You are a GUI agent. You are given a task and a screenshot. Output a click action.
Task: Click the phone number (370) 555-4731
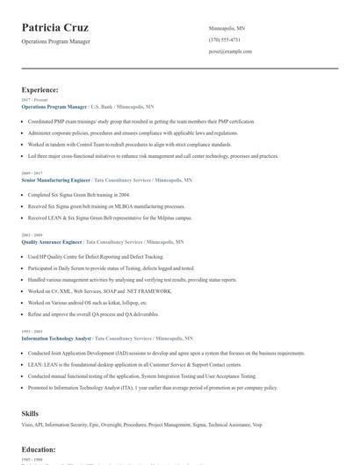pos(224,39)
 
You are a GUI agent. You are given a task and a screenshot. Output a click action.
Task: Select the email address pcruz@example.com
pos(230,52)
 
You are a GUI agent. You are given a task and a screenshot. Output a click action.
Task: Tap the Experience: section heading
pos(40,89)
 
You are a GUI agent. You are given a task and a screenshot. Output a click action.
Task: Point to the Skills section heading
pos(30,411)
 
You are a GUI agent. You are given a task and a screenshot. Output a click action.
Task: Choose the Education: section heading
pos(39,449)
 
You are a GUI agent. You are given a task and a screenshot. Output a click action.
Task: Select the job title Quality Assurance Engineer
pos(52,241)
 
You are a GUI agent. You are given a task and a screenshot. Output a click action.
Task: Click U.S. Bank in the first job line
pos(103,105)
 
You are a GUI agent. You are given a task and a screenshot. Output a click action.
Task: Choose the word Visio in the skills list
pos(27,426)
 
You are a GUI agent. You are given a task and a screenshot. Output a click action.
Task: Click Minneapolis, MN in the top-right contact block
pos(227,28)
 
